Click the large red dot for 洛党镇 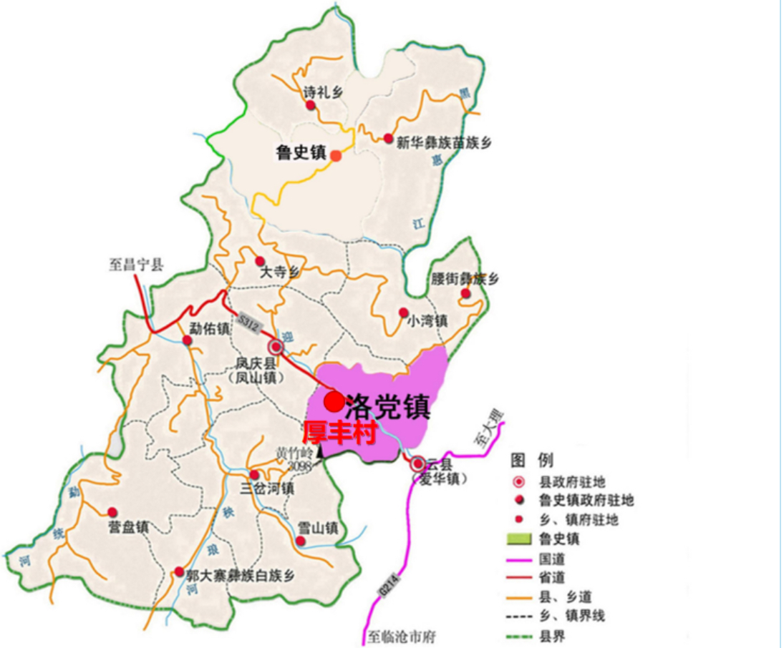pyautogui.click(x=334, y=402)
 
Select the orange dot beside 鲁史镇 pyautogui.click(x=336, y=154)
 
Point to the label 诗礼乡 pyautogui.click(x=319, y=92)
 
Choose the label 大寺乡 pyautogui.click(x=281, y=273)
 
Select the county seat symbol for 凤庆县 pyautogui.click(x=276, y=347)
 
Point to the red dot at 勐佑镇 pyautogui.click(x=188, y=340)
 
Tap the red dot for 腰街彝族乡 pyautogui.click(x=465, y=293)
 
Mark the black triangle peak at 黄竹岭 pyautogui.click(x=320, y=451)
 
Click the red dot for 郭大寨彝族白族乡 pyautogui.click(x=178, y=571)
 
